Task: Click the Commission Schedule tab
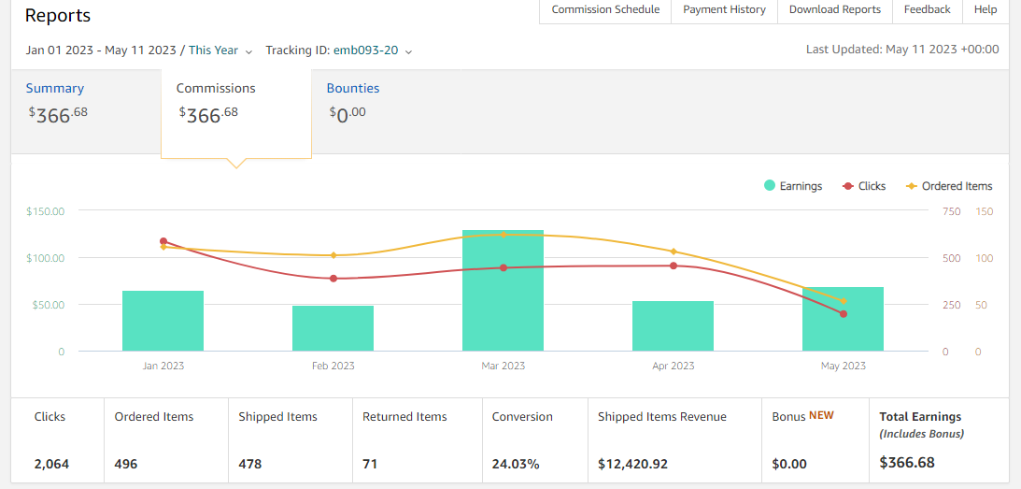click(x=605, y=9)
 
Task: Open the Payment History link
click(x=724, y=9)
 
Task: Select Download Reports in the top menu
click(x=834, y=9)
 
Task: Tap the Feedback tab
click(x=927, y=9)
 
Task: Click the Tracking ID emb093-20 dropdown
click(x=339, y=50)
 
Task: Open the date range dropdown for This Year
click(x=139, y=50)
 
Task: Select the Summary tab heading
click(x=55, y=88)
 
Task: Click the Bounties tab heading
click(x=353, y=88)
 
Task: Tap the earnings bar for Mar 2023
click(x=503, y=291)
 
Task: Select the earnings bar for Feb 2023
click(x=333, y=328)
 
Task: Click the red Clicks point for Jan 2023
click(x=163, y=241)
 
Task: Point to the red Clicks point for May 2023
click(x=844, y=314)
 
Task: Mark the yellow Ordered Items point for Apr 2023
click(x=674, y=252)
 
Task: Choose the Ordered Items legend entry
click(x=949, y=186)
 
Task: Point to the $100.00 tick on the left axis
click(x=46, y=258)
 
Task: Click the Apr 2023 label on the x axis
click(x=674, y=366)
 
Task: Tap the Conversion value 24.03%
click(x=516, y=464)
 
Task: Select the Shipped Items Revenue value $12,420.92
click(x=632, y=464)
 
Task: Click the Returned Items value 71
click(x=370, y=464)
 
